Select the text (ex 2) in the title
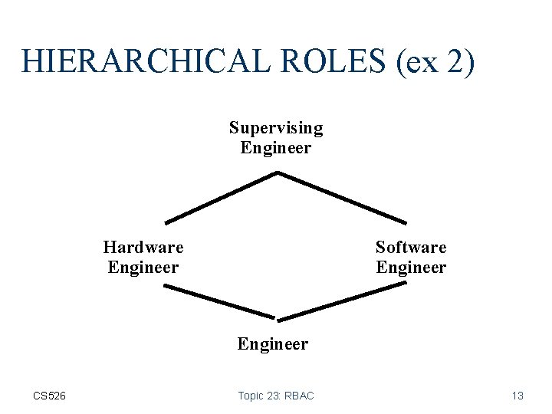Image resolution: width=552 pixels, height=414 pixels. [436, 61]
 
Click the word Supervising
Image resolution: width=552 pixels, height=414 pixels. [276, 127]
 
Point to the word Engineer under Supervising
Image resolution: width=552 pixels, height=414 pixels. [276, 147]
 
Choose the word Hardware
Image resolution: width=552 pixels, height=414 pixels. [143, 247]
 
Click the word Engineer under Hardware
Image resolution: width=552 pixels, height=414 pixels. [143, 267]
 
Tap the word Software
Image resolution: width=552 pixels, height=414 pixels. [411, 247]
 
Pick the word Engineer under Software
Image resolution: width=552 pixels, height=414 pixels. [411, 267]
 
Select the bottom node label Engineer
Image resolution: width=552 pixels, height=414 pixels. [273, 343]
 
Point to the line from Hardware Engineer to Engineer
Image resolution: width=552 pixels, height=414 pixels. [219, 301]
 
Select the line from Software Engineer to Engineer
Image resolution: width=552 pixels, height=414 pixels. [342, 301]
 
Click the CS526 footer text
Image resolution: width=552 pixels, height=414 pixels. [50, 396]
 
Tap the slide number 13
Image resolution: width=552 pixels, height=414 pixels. [517, 396]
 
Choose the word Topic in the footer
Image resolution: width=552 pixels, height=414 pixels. [250, 396]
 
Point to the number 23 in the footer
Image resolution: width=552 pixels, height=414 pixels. [272, 396]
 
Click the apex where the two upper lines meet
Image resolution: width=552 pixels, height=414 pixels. [278, 173]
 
